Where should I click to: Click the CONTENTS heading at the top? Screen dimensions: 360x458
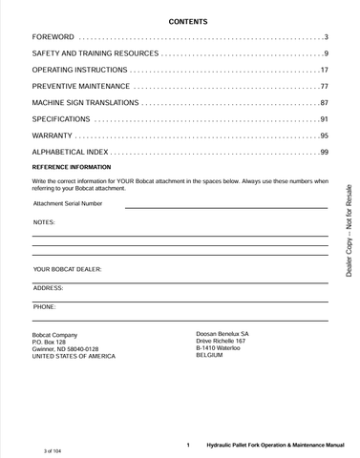[180, 20]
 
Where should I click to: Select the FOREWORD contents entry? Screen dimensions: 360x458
[54, 36]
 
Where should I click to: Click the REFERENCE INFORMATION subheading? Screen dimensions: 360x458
[72, 167]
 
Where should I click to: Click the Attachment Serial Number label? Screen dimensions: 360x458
[68, 203]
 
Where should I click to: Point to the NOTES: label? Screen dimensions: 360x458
[44, 221]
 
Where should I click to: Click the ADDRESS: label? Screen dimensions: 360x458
[48, 288]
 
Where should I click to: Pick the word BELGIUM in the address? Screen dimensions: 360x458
[209, 355]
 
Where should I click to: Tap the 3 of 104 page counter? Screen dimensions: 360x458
[59, 448]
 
